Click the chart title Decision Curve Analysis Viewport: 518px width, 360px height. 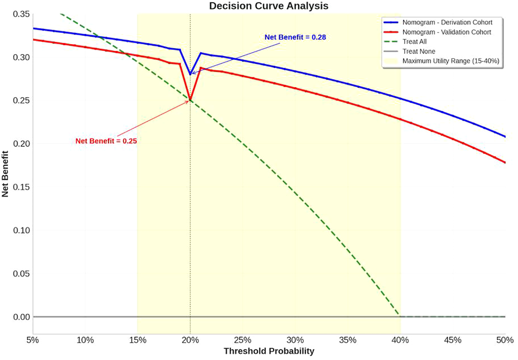point(269,6)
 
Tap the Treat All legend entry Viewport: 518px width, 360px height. point(414,42)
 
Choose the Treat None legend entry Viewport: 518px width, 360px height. point(418,51)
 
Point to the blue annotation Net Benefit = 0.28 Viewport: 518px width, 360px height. point(295,37)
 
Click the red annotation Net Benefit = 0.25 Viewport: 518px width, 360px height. point(106,141)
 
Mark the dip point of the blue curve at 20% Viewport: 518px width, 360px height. point(190,74)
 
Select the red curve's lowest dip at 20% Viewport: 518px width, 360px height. point(190,100)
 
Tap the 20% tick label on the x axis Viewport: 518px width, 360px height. point(190,340)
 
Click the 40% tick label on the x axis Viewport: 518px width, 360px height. point(400,340)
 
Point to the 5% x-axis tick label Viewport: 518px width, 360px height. point(33,340)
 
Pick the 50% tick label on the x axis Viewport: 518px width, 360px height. point(505,340)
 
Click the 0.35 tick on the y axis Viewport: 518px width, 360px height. point(21,14)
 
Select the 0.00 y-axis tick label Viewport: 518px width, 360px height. point(21,317)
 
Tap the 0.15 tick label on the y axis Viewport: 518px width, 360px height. point(21,187)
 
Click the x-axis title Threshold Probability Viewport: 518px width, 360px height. point(269,351)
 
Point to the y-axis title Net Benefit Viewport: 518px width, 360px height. point(5,174)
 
